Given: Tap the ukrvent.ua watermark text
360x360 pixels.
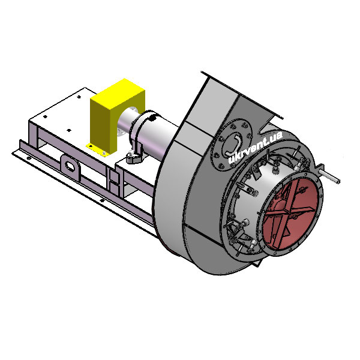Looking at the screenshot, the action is (256, 147).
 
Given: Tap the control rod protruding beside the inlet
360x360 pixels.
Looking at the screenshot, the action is (328, 174).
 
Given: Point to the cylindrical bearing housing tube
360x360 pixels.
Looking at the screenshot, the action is (154, 133).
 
